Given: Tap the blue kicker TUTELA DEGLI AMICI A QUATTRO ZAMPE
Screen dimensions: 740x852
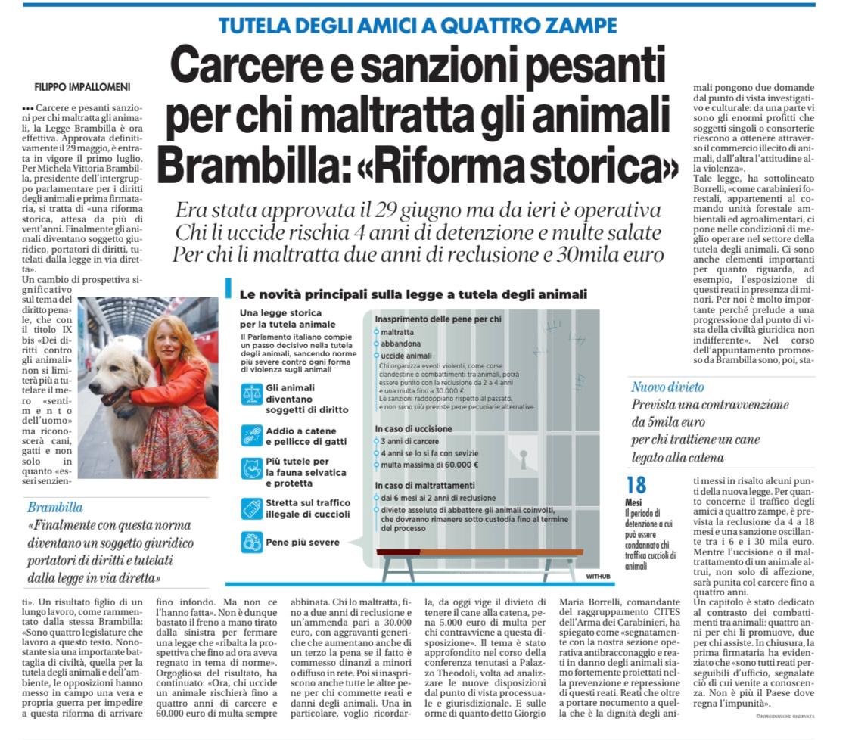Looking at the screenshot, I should tap(418, 26).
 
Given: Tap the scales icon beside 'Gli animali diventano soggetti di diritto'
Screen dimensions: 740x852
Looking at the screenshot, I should tap(250, 394).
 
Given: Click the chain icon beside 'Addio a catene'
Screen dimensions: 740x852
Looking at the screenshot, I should tap(250, 435).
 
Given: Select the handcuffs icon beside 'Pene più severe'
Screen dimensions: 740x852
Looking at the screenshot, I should tap(250, 542).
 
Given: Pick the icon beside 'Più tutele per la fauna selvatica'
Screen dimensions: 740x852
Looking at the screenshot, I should tap(250, 469).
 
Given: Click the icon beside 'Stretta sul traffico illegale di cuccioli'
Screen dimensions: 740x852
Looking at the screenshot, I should tap(250, 507).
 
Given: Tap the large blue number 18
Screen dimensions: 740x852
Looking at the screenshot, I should tap(636, 486).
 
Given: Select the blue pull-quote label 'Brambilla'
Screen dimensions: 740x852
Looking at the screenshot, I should tap(55, 507).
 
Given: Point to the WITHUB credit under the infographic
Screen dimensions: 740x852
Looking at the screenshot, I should tap(597, 577).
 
